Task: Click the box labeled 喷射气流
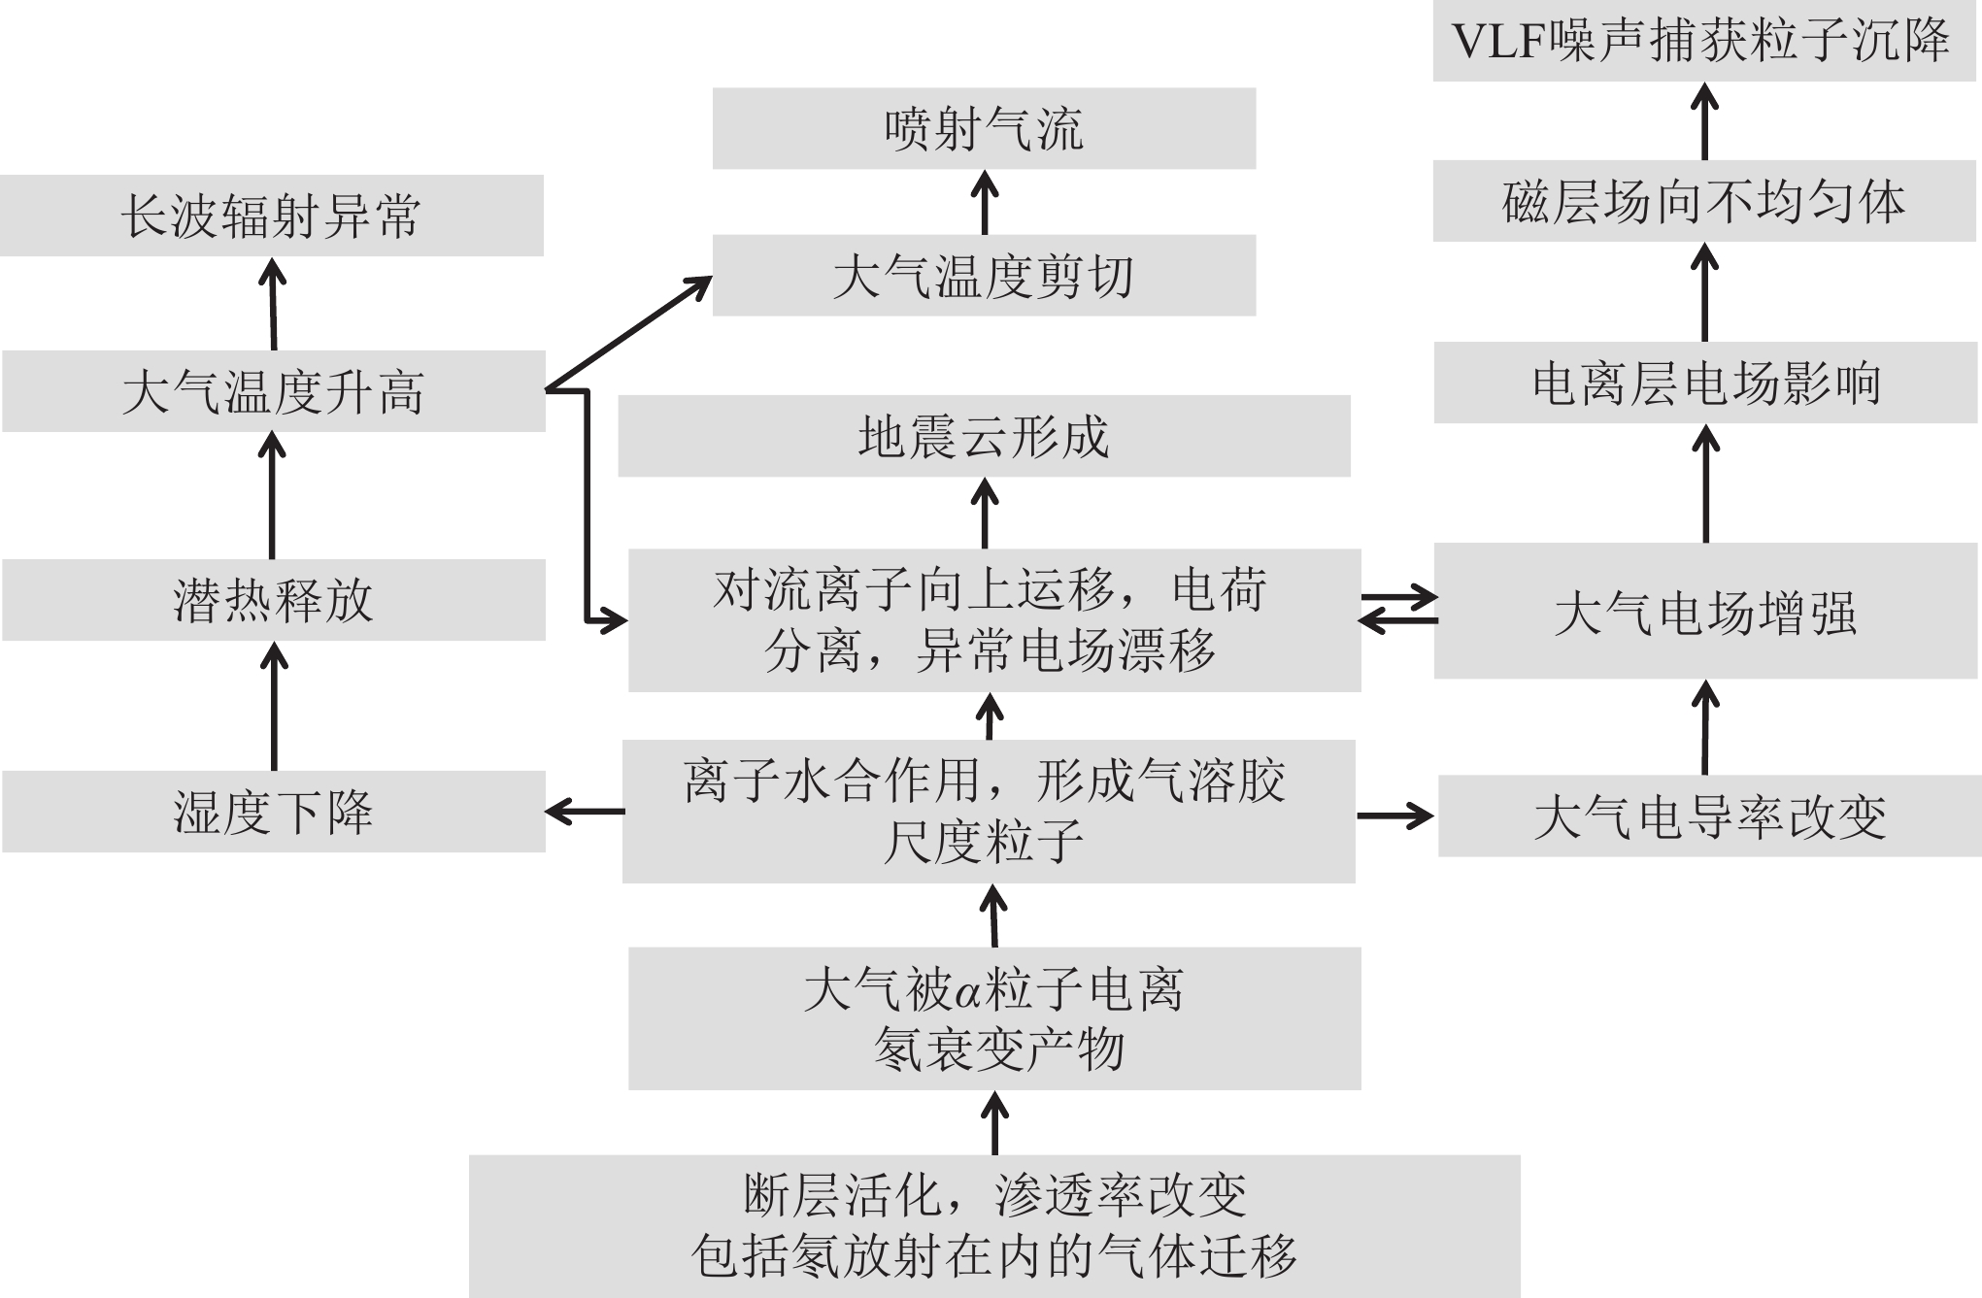tap(984, 128)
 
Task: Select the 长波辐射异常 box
tap(271, 216)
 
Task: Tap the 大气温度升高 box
tap(273, 391)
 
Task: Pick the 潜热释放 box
tap(273, 600)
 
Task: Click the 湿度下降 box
tap(273, 812)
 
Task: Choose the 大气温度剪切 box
tap(984, 276)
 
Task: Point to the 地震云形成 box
tap(984, 436)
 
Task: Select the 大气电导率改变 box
tap(1709, 816)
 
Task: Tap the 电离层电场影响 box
tap(1706, 383)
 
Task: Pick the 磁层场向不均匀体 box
tap(1704, 201)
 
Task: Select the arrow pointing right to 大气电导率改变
tap(1395, 815)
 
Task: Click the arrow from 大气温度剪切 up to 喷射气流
tap(985, 202)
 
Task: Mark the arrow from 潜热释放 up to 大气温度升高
tap(272, 495)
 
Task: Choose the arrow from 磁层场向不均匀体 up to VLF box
tap(1705, 121)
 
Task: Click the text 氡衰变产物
tap(999, 1049)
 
